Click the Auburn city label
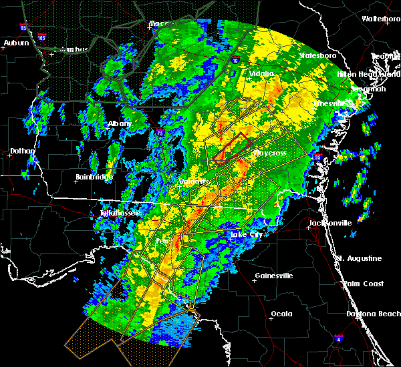pos(16,43)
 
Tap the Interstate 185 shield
pos(42,35)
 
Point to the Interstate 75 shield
pos(160,133)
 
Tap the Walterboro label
pos(381,19)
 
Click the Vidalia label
pos(262,73)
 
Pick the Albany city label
pos(120,124)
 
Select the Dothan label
pos(22,151)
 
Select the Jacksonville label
pos(329,223)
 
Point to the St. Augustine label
pos(359,258)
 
